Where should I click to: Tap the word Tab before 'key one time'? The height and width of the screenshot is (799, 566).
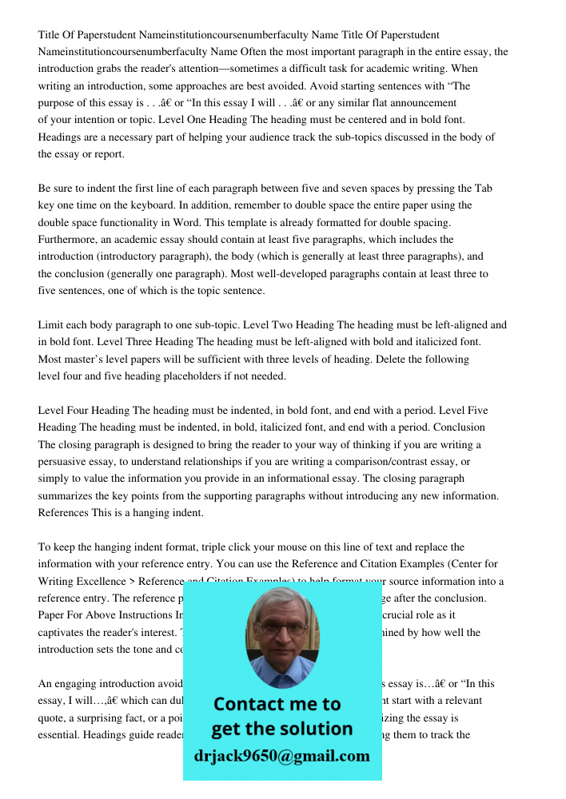[483, 189]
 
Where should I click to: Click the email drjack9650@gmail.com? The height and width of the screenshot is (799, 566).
[282, 756]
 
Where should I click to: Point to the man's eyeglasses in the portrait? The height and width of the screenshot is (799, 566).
[282, 626]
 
